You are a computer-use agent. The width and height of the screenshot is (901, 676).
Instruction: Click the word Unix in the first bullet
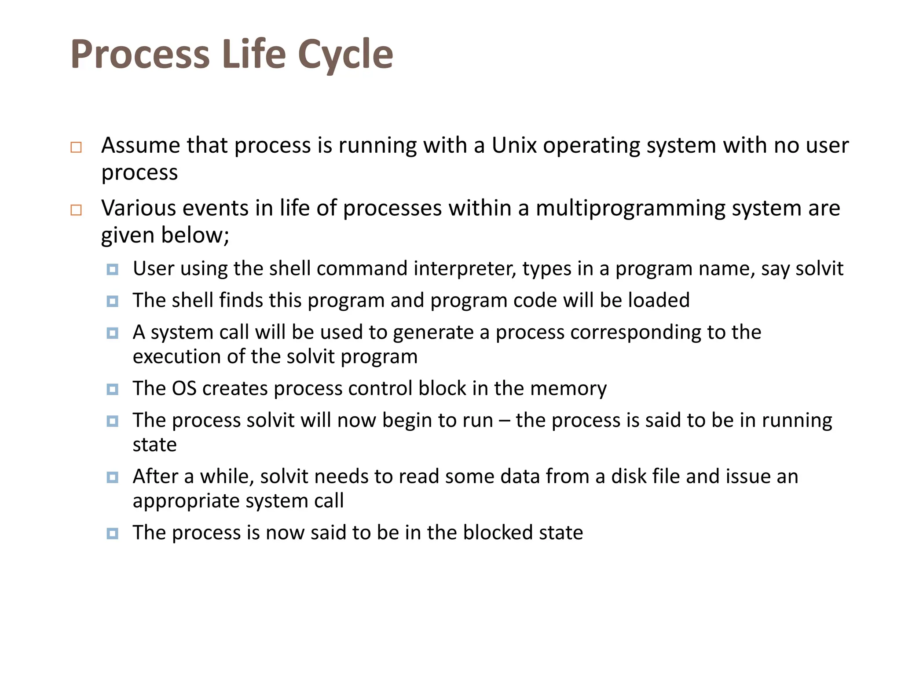514,145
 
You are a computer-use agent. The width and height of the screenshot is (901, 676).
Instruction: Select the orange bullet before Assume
76,147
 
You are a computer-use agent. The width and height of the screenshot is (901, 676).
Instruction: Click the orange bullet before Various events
76,210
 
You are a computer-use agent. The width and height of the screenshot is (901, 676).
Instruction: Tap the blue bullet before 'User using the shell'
113,269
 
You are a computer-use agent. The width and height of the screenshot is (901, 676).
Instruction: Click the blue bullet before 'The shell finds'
113,301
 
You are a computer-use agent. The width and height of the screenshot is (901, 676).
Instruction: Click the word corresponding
635,333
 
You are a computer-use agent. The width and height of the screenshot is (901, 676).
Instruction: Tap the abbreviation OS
184,389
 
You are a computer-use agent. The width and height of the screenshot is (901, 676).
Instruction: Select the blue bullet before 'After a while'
113,477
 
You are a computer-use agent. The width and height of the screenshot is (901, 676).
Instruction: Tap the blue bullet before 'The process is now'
113,533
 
